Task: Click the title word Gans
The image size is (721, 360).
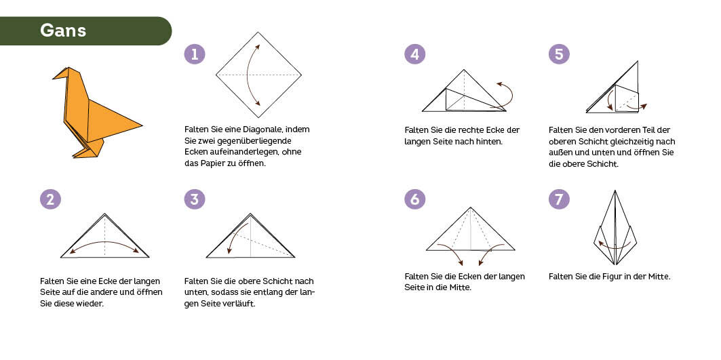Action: (x=63, y=31)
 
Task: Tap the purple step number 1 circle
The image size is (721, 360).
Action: (x=195, y=54)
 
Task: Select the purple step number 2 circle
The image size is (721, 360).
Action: (x=50, y=199)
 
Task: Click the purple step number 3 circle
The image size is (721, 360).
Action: (x=195, y=199)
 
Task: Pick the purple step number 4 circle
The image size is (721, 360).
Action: (x=414, y=54)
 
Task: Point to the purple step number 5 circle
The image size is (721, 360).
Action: (x=559, y=54)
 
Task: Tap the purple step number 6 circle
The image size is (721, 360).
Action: (x=414, y=199)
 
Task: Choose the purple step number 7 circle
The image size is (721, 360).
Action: (x=559, y=199)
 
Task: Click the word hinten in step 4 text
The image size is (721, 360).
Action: (x=490, y=141)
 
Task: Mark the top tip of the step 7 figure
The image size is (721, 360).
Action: (x=615, y=191)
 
